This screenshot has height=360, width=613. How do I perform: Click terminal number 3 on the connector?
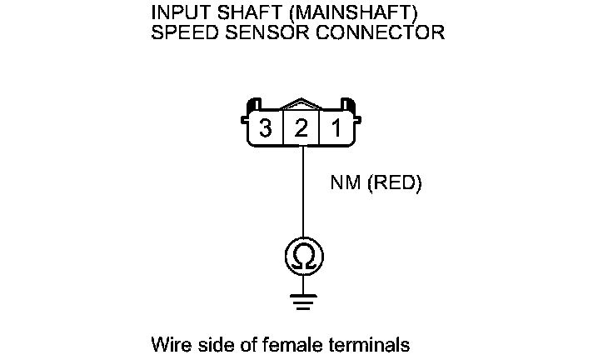click(266, 129)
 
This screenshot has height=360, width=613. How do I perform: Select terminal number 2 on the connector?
click(302, 129)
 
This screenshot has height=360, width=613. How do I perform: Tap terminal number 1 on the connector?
click(337, 129)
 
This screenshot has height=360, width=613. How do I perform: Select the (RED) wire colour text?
click(394, 183)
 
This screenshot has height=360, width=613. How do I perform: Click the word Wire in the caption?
click(169, 343)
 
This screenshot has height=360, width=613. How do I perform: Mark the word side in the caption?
click(209, 343)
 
